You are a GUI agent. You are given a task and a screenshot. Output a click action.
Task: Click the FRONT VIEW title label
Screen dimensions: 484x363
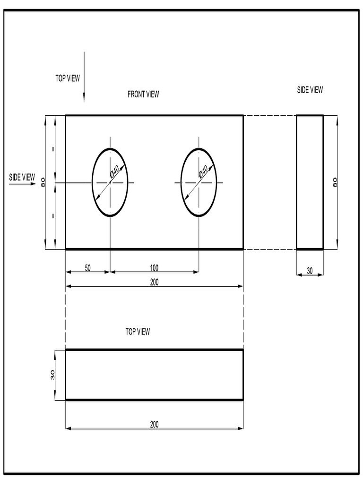click(143, 94)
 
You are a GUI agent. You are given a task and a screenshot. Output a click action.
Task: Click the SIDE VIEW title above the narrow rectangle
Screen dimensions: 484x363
click(310, 90)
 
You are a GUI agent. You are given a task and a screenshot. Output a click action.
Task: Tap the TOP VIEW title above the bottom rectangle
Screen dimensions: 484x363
click(138, 332)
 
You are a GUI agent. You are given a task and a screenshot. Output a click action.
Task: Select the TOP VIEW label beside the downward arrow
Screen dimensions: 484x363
click(68, 78)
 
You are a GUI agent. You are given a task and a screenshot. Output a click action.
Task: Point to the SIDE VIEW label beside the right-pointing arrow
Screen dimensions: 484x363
click(22, 177)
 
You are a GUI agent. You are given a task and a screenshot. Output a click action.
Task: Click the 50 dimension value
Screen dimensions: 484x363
click(88, 268)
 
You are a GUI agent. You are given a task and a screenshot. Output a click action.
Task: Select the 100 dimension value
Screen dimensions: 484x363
click(154, 268)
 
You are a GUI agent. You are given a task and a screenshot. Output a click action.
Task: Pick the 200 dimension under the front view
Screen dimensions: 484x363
click(154, 282)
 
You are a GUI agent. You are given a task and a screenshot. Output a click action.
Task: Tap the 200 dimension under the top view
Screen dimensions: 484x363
click(154, 424)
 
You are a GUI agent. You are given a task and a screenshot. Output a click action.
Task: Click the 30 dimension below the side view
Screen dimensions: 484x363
click(310, 271)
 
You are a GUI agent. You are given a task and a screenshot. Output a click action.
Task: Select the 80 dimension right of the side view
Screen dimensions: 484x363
click(335, 182)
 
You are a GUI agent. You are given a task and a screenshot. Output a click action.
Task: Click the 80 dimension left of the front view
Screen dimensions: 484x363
click(43, 182)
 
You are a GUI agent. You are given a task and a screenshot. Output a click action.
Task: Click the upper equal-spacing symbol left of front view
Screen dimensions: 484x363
click(53, 149)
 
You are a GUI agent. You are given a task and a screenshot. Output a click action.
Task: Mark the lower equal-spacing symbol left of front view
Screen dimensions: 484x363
click(53, 216)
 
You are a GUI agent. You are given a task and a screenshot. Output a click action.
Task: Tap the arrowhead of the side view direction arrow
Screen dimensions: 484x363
click(33, 184)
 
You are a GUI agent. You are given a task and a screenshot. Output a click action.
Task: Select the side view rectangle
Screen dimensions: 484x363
click(310, 182)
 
